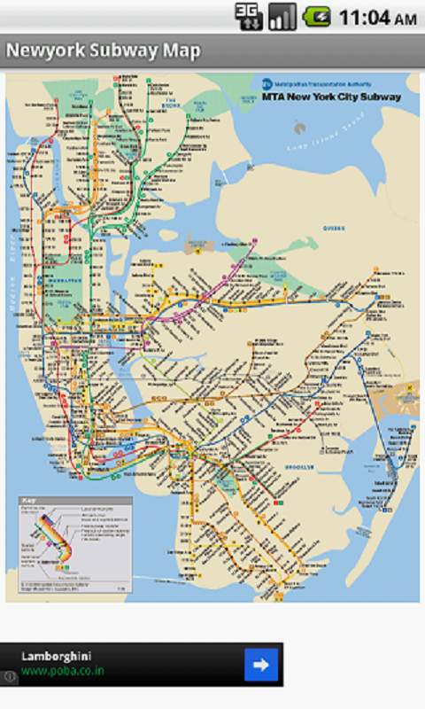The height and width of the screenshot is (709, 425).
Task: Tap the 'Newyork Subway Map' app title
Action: tap(104, 51)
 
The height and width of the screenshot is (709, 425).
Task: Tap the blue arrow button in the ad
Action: tap(261, 664)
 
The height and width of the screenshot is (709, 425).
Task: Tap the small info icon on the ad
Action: tap(9, 677)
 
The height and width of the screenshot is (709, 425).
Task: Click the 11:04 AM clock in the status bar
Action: tap(377, 17)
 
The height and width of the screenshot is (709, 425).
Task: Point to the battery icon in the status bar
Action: tap(317, 16)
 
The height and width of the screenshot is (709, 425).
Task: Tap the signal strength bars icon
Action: tap(282, 16)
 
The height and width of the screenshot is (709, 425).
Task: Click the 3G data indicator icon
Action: tap(249, 16)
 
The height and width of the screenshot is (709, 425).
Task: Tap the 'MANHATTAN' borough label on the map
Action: tap(66, 280)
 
